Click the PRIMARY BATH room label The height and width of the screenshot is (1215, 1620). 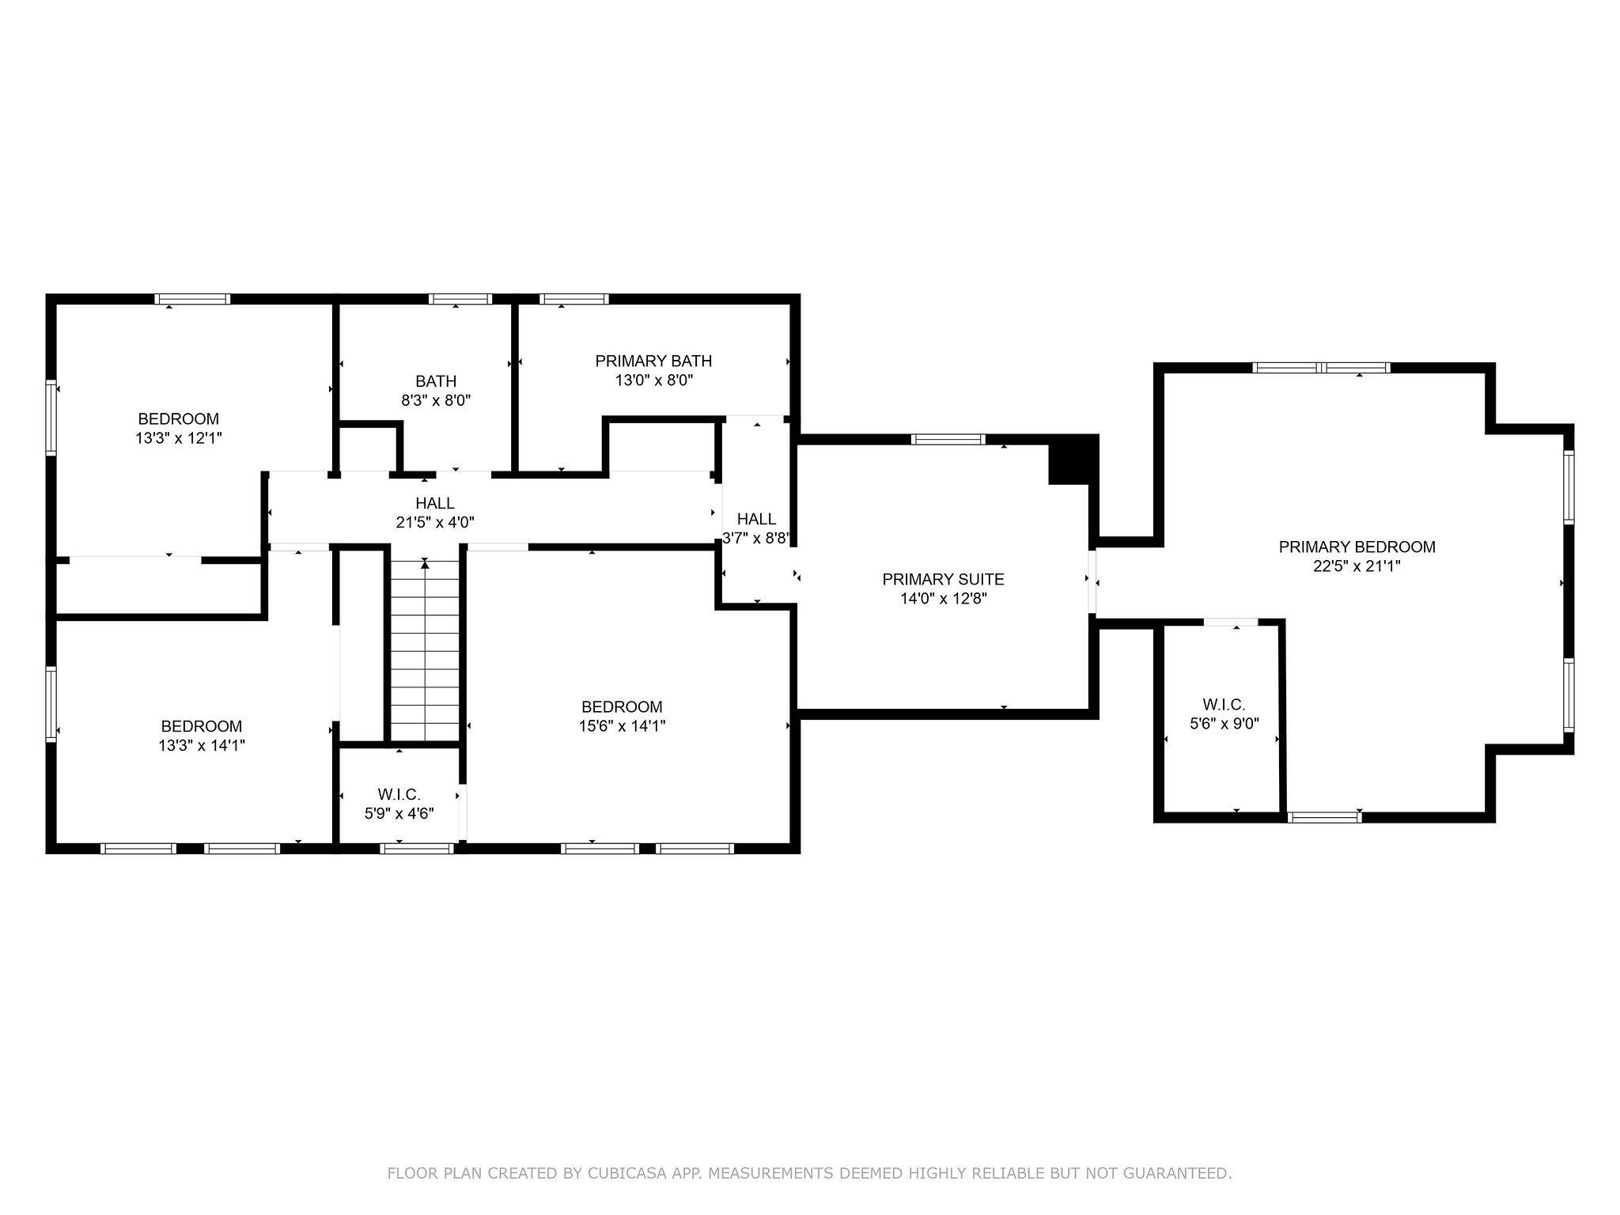coord(653,361)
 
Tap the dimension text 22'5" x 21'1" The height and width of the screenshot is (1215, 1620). coord(1357,566)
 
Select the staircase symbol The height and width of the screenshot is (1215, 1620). coord(425,649)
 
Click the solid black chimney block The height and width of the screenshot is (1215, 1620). coord(1073,460)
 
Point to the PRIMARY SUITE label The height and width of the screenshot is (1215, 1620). coord(943,580)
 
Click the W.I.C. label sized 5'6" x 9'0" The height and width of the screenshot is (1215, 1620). coord(1224,704)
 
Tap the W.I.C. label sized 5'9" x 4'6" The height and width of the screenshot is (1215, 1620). coord(399,794)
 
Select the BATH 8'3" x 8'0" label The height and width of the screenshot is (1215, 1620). coord(436,381)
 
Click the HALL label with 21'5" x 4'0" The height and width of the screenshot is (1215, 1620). coord(435,503)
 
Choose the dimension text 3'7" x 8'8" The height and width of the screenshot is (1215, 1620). coord(756,539)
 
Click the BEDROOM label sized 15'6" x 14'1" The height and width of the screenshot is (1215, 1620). coord(622,707)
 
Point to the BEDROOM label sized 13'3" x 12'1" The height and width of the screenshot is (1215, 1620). coord(178,419)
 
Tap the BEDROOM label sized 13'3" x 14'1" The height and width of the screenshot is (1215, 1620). coord(201,726)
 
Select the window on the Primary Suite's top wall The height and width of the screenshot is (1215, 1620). coord(948,440)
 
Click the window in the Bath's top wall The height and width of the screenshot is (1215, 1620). coord(460,299)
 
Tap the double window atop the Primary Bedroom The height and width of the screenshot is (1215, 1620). coord(1321,368)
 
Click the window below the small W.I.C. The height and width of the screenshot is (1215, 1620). coord(417,849)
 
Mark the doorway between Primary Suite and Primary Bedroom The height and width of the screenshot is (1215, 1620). coord(1092,582)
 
